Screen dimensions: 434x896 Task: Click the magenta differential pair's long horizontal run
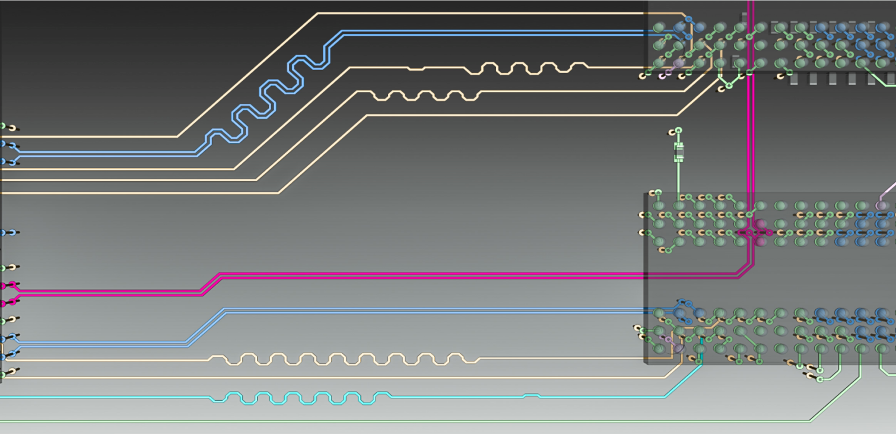click(x=475, y=275)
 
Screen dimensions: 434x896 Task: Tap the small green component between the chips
click(x=679, y=152)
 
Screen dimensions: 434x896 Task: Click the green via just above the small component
click(x=679, y=130)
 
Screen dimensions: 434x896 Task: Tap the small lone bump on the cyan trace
click(x=531, y=395)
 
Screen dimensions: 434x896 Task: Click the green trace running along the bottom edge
click(x=415, y=421)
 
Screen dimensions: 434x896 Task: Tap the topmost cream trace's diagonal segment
click(x=249, y=74)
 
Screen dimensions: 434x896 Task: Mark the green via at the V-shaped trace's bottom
click(x=729, y=85)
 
